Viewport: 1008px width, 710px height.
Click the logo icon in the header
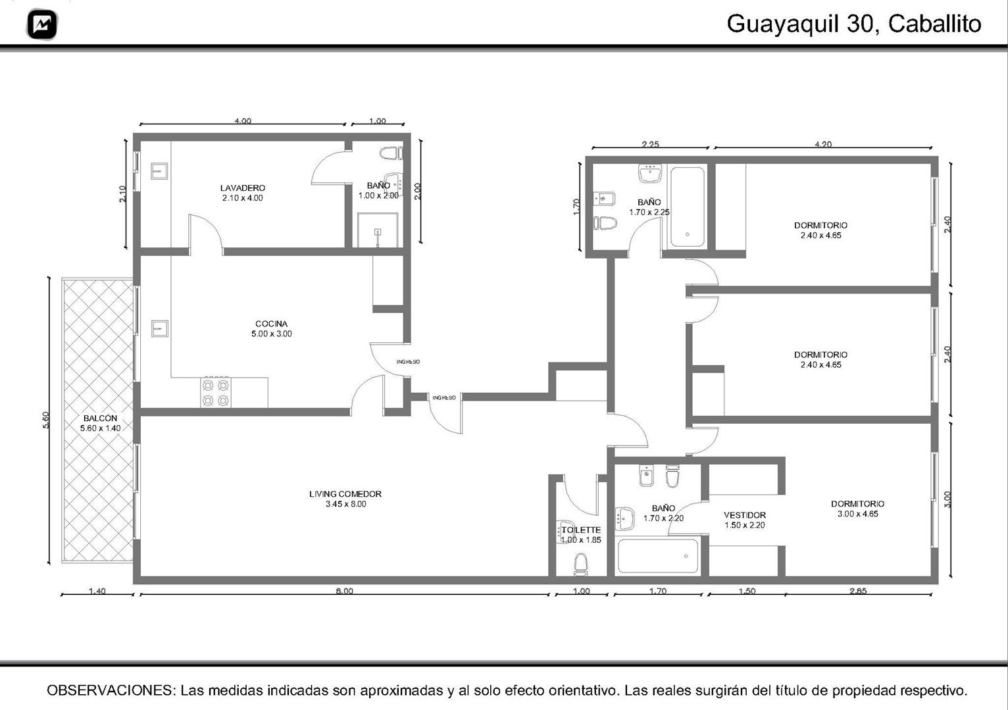pyautogui.click(x=42, y=24)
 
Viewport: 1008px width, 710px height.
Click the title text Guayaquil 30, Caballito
pyautogui.click(x=853, y=24)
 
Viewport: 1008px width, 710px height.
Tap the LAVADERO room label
pyautogui.click(x=243, y=188)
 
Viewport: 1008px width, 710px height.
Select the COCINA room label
pyautogui.click(x=271, y=324)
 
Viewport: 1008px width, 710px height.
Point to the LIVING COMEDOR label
pyautogui.click(x=345, y=494)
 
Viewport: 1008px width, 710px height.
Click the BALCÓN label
pyautogui.click(x=100, y=418)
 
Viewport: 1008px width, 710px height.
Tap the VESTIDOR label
pyautogui.click(x=745, y=515)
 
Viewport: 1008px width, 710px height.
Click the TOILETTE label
pyautogui.click(x=581, y=530)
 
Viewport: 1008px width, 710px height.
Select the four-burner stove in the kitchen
pyautogui.click(x=216, y=392)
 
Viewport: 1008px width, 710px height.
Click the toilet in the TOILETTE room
pyautogui.click(x=581, y=564)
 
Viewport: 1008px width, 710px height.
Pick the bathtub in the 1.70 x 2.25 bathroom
pyautogui.click(x=687, y=207)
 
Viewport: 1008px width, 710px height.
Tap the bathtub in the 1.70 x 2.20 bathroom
pyautogui.click(x=659, y=556)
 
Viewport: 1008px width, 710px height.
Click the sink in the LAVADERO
pyautogui.click(x=159, y=172)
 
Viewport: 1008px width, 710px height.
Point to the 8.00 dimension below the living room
pyautogui.click(x=344, y=591)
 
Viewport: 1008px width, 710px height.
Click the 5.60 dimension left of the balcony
pyautogui.click(x=45, y=420)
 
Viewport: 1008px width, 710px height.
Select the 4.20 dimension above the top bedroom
pyautogui.click(x=823, y=144)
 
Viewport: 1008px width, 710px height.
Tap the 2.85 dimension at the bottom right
pyautogui.click(x=858, y=591)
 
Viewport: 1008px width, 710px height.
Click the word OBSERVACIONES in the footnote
pyautogui.click(x=111, y=690)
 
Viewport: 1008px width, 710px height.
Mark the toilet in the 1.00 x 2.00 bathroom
pyautogui.click(x=390, y=153)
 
